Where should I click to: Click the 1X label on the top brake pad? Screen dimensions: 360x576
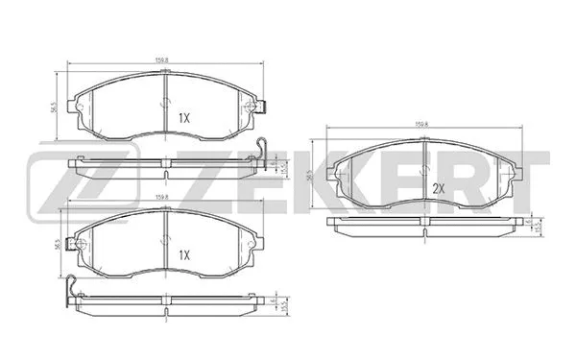point(184,118)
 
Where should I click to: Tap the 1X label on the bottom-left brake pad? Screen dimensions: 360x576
point(184,256)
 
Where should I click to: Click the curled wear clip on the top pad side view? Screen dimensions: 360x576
point(259,149)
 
